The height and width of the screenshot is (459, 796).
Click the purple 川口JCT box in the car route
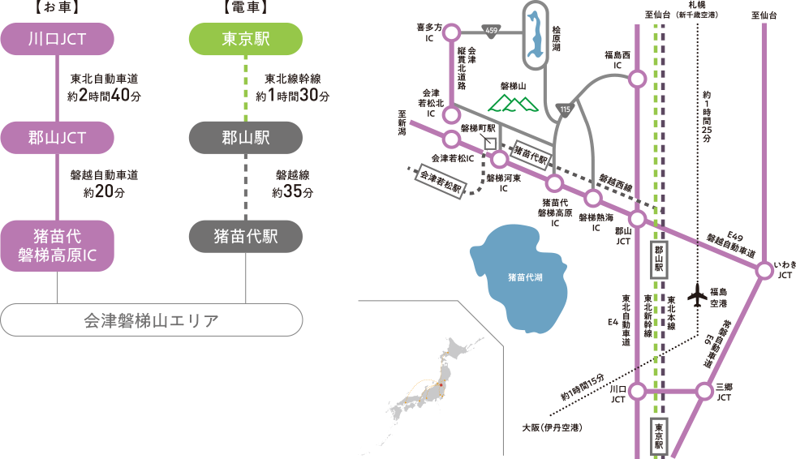pos(57,39)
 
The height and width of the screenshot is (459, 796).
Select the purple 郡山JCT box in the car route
pos(57,138)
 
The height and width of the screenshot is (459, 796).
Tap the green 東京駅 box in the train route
pos(246,39)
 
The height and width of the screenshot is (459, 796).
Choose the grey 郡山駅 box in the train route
pos(246,138)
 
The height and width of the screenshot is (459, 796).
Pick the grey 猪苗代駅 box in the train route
pos(246,236)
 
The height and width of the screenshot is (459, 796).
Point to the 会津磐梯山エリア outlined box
pos(151,320)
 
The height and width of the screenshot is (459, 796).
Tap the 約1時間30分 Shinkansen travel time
pos(292,97)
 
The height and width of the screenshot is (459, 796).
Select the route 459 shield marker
pos(492,31)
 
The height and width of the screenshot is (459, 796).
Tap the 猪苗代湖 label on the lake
pos(525,277)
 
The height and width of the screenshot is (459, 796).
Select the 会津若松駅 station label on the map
pos(439,181)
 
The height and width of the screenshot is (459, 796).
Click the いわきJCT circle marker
pos(764,271)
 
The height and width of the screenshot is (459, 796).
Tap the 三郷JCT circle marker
pos(704,391)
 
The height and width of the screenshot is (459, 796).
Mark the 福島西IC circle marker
pos(638,79)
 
